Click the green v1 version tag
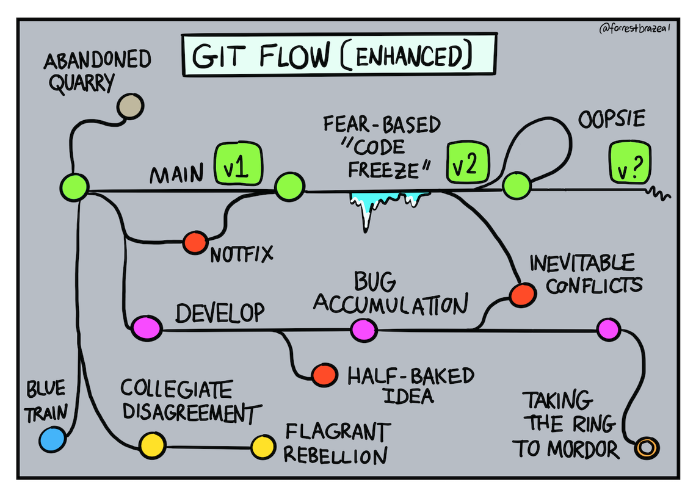238,165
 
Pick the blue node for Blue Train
52,438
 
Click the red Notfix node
196,242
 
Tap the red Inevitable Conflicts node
523,295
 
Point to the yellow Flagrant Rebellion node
263,447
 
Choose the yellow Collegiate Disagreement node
152,445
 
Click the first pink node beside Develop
147,329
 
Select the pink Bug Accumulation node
364,330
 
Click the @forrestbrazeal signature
634,29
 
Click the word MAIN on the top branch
177,175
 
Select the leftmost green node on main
74,185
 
